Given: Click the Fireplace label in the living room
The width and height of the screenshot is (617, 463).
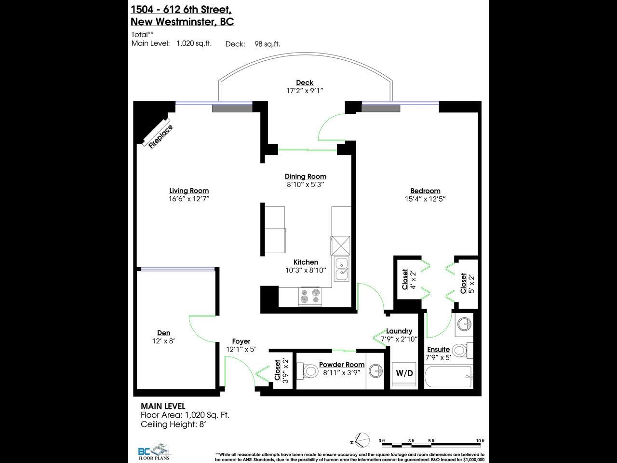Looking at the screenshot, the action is (x=161, y=137).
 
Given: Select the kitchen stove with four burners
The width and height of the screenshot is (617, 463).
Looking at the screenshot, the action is (x=310, y=296).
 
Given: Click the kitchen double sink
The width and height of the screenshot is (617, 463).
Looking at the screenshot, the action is (x=342, y=269).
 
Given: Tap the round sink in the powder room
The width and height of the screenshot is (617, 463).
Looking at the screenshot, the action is (x=375, y=371).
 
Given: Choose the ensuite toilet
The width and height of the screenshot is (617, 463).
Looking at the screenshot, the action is (x=462, y=351).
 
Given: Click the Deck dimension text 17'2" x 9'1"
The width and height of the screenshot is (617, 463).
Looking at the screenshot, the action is (x=305, y=91).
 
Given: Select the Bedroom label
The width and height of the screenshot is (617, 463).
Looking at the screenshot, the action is (x=425, y=191).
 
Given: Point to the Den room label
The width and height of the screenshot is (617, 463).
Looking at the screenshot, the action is (x=163, y=333).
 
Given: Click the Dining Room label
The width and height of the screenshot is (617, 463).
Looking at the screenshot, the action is (x=306, y=177).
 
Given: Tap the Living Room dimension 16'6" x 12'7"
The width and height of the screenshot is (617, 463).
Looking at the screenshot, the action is (x=189, y=199).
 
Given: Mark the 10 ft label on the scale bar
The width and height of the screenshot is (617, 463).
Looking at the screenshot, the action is (x=480, y=441).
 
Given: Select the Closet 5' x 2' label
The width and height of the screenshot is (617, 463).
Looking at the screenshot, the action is (x=467, y=283).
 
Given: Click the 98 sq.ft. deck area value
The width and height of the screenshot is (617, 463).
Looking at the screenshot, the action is (x=267, y=44).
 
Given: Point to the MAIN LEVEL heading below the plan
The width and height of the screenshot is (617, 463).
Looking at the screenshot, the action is (x=163, y=406).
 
